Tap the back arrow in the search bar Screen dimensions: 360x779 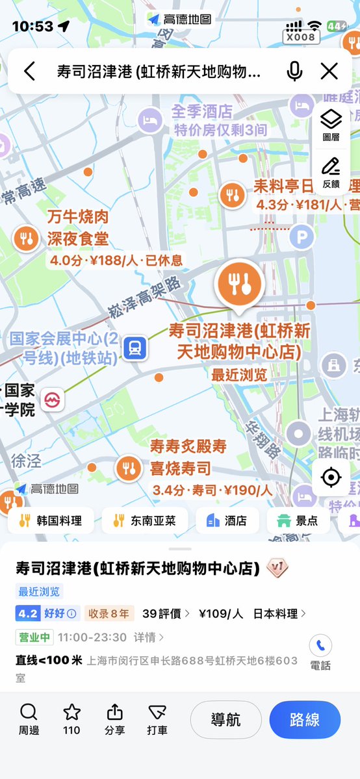point(29,71)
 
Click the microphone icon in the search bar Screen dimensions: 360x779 point(294,71)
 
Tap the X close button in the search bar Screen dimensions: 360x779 point(329,71)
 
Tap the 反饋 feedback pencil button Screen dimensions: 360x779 point(331,171)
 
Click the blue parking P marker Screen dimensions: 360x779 point(301,238)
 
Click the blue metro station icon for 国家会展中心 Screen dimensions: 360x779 point(135,348)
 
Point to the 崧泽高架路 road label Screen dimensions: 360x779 point(145,296)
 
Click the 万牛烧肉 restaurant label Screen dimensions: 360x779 point(77,217)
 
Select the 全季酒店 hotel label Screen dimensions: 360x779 point(201,112)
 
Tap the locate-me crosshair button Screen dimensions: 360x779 point(331,478)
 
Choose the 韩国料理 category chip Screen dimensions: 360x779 point(51,520)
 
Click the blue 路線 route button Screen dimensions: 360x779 point(305,719)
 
